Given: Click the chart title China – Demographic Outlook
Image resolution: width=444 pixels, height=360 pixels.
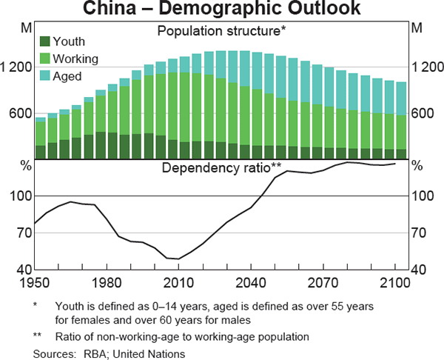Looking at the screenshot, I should [x=221, y=10].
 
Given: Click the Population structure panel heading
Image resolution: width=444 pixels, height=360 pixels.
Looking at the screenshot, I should [x=221, y=31].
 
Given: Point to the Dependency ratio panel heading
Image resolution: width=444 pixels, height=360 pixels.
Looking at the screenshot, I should [x=221, y=168].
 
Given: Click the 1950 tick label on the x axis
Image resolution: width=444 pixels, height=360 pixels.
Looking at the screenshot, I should [x=36, y=281].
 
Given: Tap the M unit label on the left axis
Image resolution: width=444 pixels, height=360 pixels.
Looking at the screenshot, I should [x=26, y=29].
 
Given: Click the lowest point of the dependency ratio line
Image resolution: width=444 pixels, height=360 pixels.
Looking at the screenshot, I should [x=178, y=259].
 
